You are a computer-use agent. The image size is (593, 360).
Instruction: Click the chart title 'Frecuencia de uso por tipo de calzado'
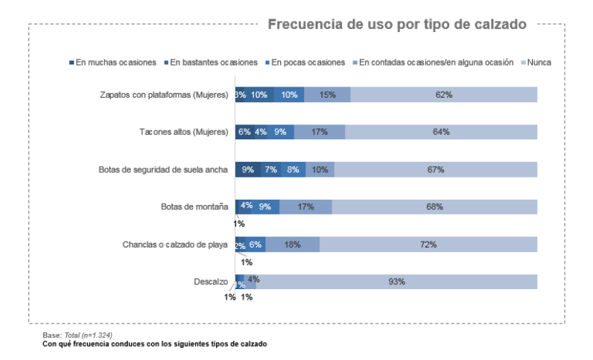[397, 25]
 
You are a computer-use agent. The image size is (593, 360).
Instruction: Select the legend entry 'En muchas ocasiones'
[116, 63]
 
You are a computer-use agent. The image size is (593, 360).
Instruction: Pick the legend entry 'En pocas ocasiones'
[308, 63]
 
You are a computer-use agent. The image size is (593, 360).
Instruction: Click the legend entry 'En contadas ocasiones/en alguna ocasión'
[436, 63]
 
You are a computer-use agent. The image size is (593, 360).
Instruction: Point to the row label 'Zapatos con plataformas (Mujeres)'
[164, 95]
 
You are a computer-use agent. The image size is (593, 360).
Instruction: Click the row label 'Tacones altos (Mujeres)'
[183, 132]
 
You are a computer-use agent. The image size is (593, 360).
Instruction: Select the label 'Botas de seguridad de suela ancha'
[163, 169]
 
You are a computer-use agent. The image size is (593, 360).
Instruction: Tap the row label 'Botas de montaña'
[194, 206]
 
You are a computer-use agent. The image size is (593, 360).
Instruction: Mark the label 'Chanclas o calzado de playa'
[175, 244]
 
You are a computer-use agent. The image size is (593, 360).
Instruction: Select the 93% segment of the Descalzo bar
[396, 281]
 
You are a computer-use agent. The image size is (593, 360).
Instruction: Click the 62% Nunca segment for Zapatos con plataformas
[444, 95]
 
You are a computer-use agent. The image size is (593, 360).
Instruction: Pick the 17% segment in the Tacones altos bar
[320, 132]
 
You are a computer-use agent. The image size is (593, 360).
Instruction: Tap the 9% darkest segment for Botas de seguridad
[248, 169]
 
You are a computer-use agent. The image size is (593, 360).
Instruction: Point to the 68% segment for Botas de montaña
[434, 206]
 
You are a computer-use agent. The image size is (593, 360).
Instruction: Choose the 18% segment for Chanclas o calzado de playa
[293, 244]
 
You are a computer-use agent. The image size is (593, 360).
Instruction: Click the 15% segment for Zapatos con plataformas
[327, 95]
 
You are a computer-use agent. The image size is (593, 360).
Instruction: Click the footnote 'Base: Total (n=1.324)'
[77, 335]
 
